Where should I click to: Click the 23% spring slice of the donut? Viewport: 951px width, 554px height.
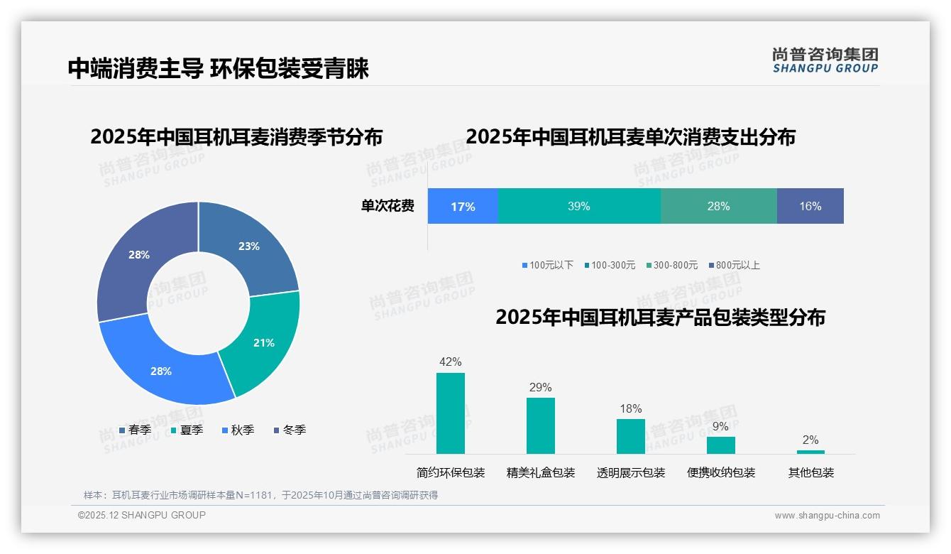tap(250, 246)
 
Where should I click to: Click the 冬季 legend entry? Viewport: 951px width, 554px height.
tap(290, 430)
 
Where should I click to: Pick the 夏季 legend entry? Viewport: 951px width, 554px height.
tap(187, 430)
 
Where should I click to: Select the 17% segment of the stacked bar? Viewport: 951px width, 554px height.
tap(463, 206)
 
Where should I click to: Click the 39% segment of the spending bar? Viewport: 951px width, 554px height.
tap(578, 206)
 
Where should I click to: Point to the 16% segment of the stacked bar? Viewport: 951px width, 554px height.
tap(810, 206)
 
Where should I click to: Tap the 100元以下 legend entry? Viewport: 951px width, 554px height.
tap(547, 265)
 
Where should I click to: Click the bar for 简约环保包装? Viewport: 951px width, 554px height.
tap(451, 413)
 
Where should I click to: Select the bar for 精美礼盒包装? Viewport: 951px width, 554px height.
tap(541, 425)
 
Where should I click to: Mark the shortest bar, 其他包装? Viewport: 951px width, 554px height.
tap(810, 452)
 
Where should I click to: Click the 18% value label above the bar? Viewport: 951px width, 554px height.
tap(630, 408)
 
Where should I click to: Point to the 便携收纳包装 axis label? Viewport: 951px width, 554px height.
tap(721, 472)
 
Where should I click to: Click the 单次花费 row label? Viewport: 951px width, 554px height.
tap(387, 206)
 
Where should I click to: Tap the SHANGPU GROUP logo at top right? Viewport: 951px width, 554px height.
tap(825, 60)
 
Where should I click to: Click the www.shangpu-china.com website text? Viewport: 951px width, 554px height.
tap(827, 515)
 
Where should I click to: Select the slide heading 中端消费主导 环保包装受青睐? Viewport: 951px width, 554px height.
tap(219, 68)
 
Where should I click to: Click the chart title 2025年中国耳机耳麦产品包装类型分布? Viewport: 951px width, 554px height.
tap(660, 317)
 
